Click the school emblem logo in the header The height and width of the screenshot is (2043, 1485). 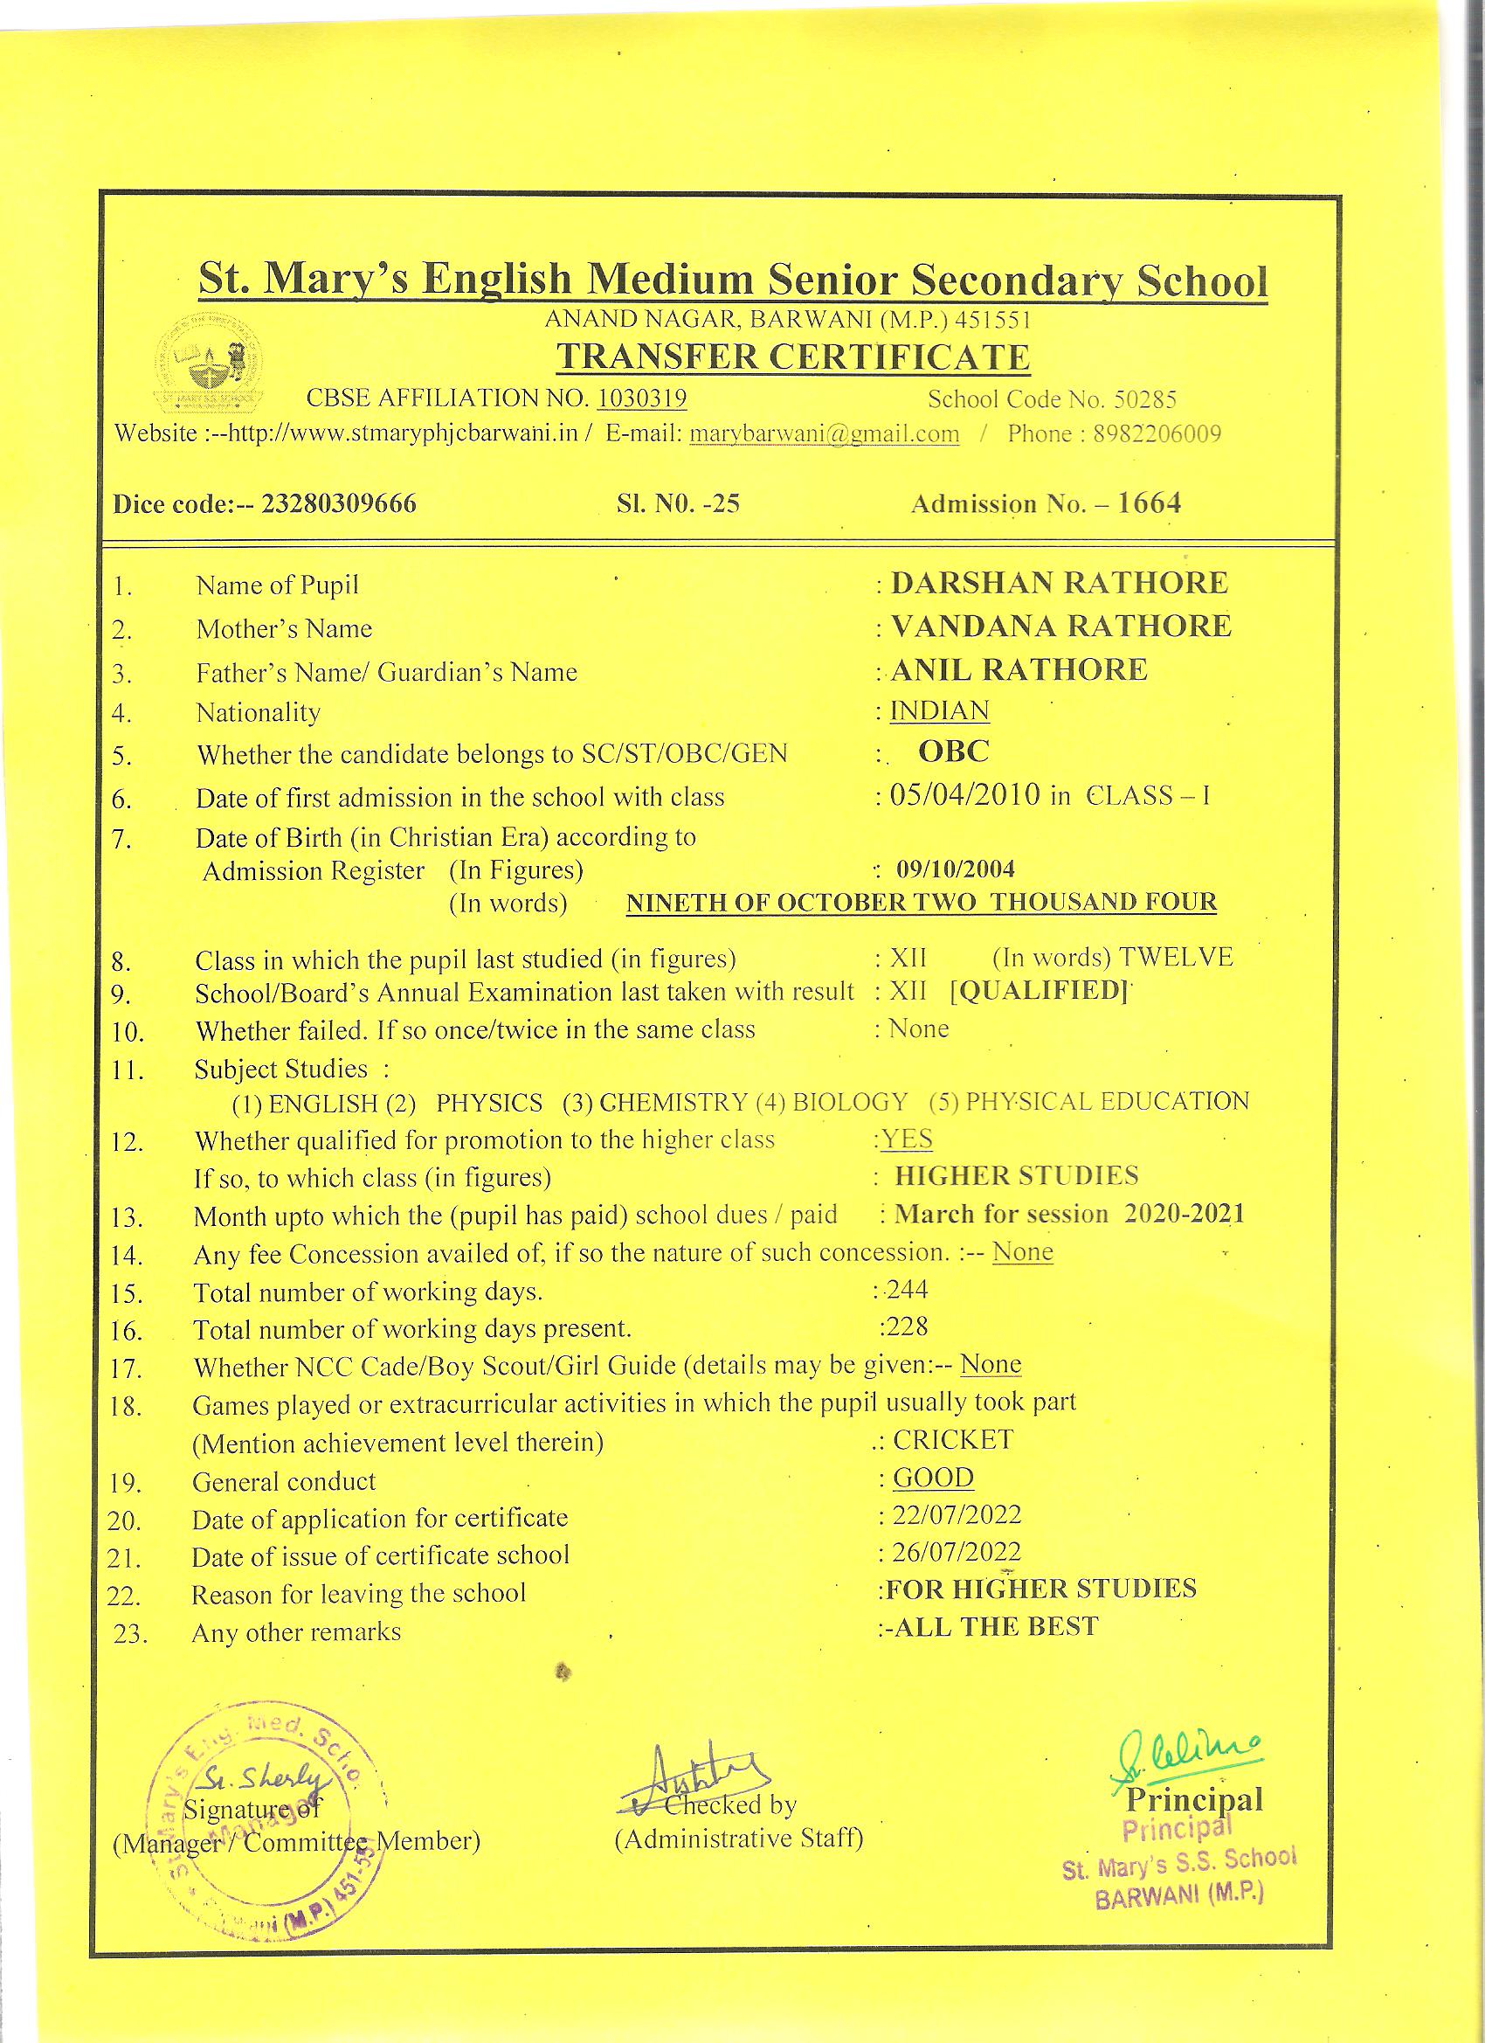(x=210, y=363)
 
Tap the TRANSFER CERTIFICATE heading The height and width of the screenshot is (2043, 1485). (x=792, y=357)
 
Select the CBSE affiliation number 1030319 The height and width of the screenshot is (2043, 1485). (x=642, y=398)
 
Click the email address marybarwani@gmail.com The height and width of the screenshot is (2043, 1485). (x=823, y=434)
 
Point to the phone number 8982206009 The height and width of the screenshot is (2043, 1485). (x=1157, y=434)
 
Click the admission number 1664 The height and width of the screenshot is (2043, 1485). (x=1149, y=502)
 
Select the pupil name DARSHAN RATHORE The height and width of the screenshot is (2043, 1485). (x=1059, y=583)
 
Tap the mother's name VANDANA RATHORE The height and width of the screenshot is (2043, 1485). (x=1060, y=626)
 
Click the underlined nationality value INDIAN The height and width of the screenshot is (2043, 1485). (x=939, y=710)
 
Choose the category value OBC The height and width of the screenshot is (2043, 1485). (x=954, y=751)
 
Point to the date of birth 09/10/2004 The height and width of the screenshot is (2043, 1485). (x=956, y=869)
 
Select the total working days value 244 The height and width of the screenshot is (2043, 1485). (x=907, y=1290)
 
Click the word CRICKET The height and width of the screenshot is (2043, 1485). (x=953, y=1439)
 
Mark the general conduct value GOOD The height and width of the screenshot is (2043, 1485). (x=933, y=1479)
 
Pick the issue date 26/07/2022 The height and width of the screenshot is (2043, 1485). (x=957, y=1552)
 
